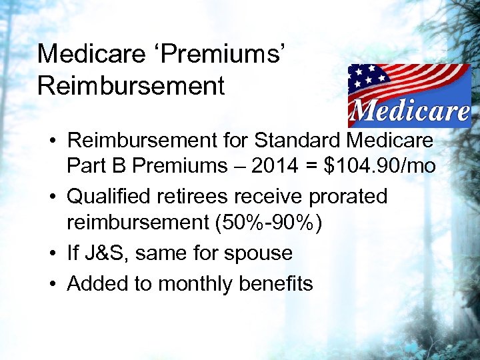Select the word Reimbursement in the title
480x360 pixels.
[131, 86]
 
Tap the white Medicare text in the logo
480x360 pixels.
[409, 111]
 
